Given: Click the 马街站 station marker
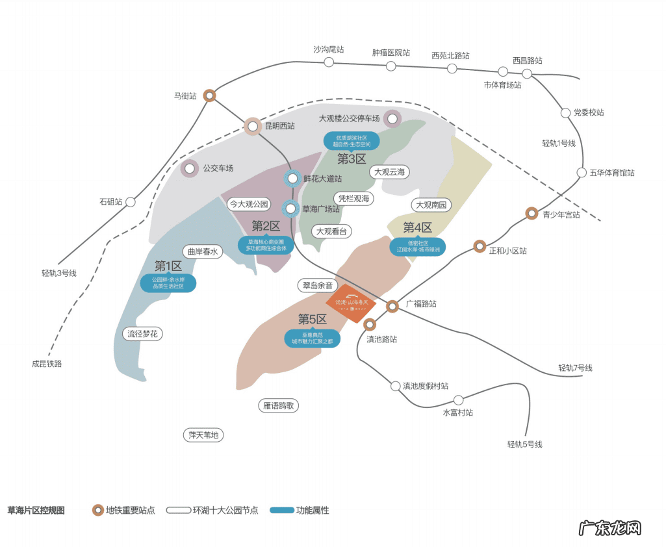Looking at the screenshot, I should click(x=209, y=95).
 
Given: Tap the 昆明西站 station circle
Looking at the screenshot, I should click(x=253, y=126).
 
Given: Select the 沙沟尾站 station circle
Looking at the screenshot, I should click(x=329, y=62).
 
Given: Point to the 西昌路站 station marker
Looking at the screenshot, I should click(x=527, y=73).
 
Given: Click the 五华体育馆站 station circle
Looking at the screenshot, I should click(x=582, y=173).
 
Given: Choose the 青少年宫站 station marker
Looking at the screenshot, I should click(x=532, y=214).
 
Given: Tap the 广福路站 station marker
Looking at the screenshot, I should click(x=392, y=306).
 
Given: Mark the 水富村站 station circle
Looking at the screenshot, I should click(x=458, y=400).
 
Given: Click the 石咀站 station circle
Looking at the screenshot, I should click(x=131, y=202).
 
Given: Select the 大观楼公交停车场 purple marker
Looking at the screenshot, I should click(x=392, y=119).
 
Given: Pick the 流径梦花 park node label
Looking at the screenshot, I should click(x=142, y=334).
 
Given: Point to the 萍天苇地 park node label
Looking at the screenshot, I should click(x=203, y=435).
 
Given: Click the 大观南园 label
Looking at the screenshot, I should click(x=431, y=205).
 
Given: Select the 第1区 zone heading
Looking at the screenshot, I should click(x=168, y=266).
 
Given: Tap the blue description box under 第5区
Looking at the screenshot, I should click(x=313, y=338).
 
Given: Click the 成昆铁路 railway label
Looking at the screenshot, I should click(x=47, y=364).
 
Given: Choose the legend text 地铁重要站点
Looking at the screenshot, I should click(x=130, y=511).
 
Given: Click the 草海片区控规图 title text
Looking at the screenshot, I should click(x=36, y=511).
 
